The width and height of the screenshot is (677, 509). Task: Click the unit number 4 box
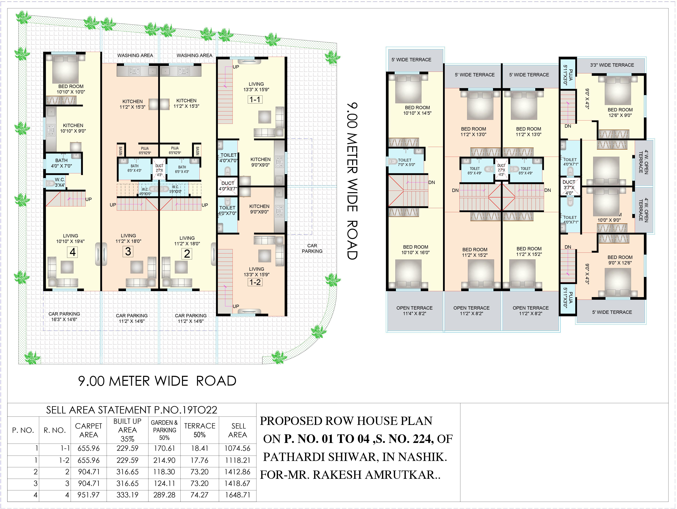click(x=73, y=252)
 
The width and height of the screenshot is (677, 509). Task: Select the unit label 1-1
click(x=255, y=99)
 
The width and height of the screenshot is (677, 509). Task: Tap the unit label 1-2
click(x=255, y=282)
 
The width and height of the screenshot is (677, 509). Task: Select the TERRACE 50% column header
click(x=200, y=430)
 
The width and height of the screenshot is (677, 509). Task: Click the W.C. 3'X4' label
click(x=60, y=182)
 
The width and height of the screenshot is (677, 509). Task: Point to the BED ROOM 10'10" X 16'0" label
click(x=416, y=250)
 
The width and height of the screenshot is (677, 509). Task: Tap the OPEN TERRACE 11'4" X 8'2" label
click(x=414, y=310)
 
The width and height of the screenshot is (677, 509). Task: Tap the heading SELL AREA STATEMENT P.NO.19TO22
click(x=132, y=410)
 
